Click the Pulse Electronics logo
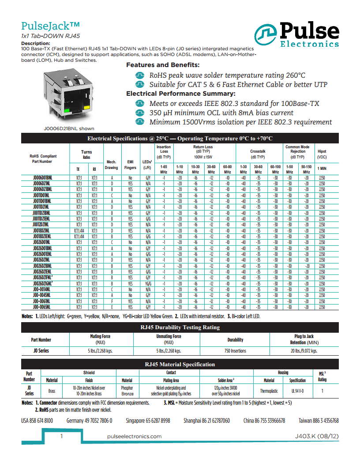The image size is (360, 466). point(296,34)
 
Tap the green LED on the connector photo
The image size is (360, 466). point(67,110)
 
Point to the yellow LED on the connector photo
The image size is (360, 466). point(87,108)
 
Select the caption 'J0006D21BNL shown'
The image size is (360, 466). point(69,129)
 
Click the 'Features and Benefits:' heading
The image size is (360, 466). point(160,65)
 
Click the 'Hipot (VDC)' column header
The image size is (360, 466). point(322,154)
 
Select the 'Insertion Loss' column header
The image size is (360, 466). point(164,151)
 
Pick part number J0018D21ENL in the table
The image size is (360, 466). point(41,236)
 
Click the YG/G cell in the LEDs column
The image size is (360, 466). point(148,284)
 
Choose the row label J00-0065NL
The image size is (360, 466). point(41,307)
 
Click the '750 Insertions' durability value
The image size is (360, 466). point(235,351)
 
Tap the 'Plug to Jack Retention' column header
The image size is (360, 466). point(304,339)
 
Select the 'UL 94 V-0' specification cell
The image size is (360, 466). point(297,391)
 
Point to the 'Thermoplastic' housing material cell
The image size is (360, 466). point(269,391)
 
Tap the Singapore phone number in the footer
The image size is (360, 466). point(148,421)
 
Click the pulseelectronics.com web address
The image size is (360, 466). point(135,436)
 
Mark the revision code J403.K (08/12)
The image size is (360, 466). point(317,436)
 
